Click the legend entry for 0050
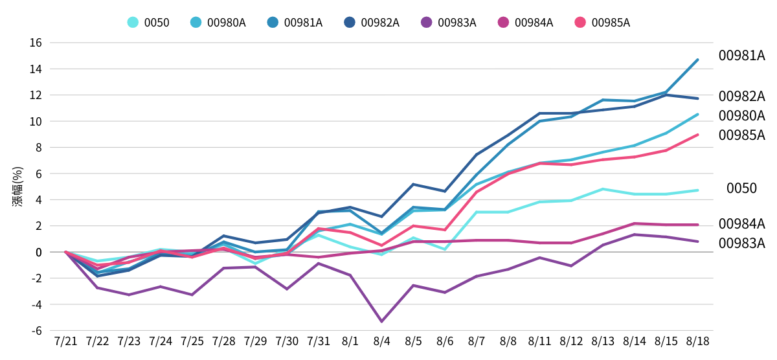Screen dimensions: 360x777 pos(148,23)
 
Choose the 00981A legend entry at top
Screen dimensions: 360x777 pos(294,23)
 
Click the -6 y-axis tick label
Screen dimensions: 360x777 pos(36,330)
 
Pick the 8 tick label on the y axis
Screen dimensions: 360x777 pos(38,147)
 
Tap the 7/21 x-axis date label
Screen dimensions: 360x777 pos(65,341)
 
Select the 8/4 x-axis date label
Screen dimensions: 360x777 pos(381,341)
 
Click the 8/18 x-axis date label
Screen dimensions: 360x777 pos(697,341)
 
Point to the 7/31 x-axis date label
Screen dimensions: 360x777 pos(318,341)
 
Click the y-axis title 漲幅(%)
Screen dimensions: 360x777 pos(17,186)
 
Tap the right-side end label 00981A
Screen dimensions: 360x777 pos(741,56)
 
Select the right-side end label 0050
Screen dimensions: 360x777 pos(741,188)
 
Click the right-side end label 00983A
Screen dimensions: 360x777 pos(741,243)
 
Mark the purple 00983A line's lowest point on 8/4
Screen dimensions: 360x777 pos(381,321)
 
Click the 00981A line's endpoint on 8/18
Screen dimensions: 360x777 pos(697,60)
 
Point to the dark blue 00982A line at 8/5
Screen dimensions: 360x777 pos(413,185)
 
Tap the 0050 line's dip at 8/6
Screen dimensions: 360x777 pos(445,249)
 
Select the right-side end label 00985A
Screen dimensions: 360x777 pos(741,135)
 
